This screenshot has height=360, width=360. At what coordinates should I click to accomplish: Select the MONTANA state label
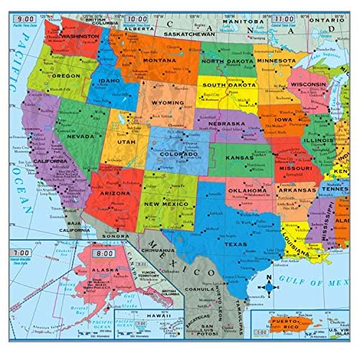pos(160,60)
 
